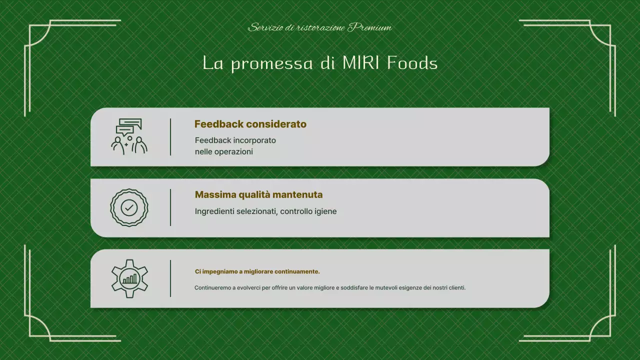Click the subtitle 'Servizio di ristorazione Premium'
320,27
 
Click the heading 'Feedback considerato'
250,124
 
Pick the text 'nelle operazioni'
223,151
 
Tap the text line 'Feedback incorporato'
235,140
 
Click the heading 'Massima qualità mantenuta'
258,194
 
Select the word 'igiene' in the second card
325,211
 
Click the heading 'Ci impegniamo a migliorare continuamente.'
257,271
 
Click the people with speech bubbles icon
129,136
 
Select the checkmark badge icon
129,207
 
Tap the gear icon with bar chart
129,278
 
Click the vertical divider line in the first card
170,136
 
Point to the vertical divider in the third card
170,278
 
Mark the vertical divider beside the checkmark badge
170,207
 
